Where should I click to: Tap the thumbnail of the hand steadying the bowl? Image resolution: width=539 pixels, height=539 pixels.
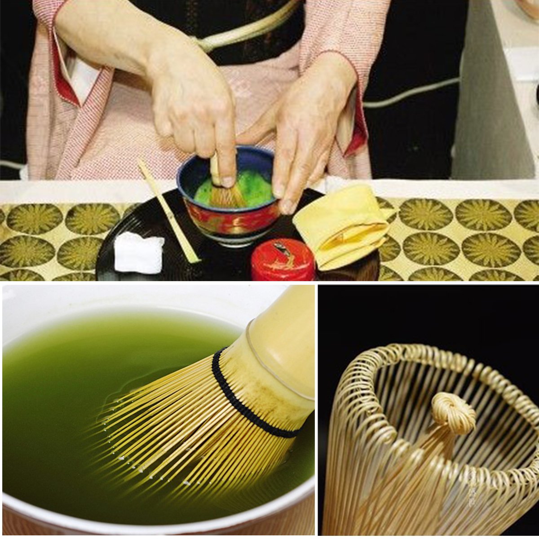tap(287, 207)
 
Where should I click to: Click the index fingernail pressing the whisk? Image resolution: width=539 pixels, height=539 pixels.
tap(228, 181)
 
